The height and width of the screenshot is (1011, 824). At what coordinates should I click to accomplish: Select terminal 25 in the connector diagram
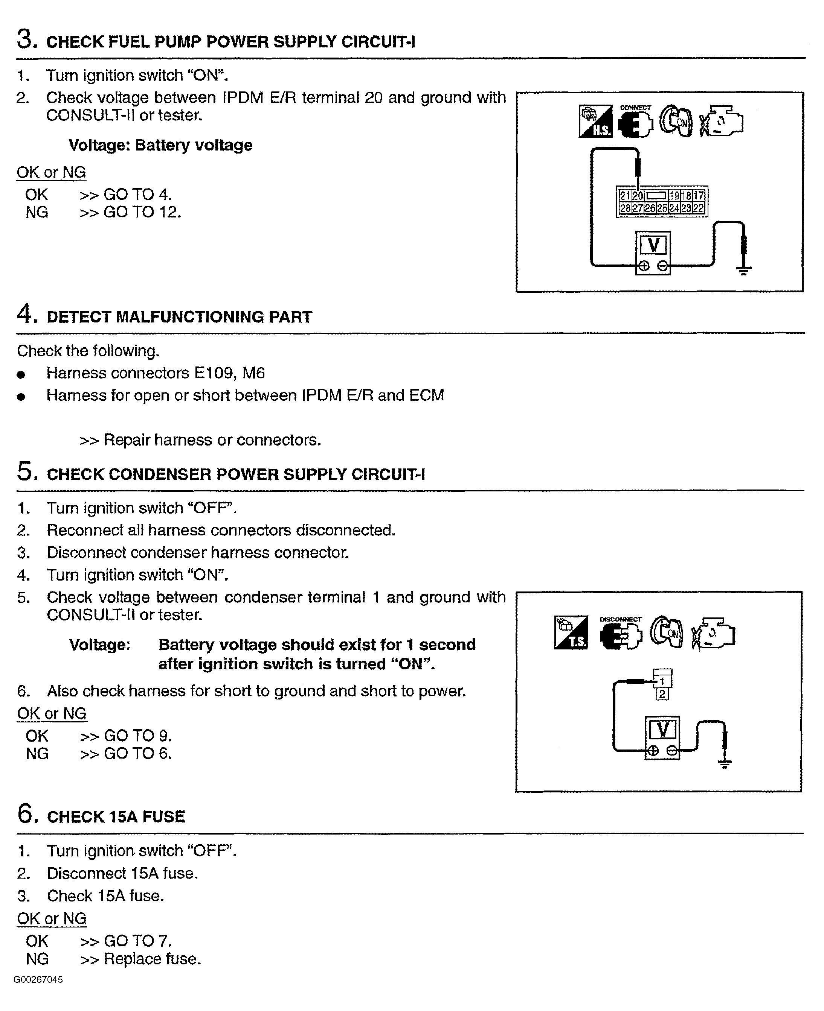click(x=662, y=208)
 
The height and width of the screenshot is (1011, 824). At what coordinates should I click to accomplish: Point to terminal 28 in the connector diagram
click(x=625, y=208)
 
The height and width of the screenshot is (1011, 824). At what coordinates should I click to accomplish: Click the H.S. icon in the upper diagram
click(x=596, y=122)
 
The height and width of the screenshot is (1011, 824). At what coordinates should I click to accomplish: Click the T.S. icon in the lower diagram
click(x=571, y=632)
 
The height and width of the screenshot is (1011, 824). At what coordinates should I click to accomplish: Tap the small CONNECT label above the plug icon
click(x=635, y=108)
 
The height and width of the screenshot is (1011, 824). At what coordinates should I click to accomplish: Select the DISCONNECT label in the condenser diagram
click(x=620, y=619)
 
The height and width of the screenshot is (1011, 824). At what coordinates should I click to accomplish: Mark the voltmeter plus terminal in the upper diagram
click(x=644, y=266)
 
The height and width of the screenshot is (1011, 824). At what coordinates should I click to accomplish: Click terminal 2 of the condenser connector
click(x=662, y=695)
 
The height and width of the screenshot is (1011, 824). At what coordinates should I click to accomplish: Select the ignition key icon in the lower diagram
click(x=667, y=632)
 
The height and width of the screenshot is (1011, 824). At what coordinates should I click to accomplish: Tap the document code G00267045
click(x=38, y=980)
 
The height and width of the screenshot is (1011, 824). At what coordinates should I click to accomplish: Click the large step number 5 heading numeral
click(x=27, y=472)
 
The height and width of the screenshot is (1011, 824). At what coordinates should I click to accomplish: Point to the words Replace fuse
click(x=152, y=959)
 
